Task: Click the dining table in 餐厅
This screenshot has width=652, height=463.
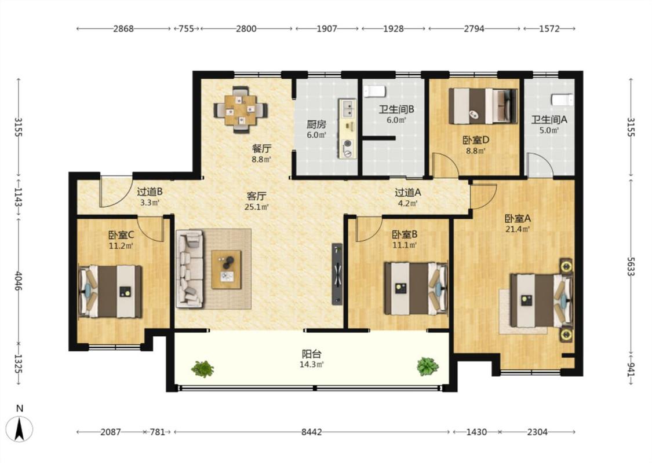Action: click(x=241, y=110)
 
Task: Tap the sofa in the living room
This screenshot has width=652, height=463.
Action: click(x=190, y=269)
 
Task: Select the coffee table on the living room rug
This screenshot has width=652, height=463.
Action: click(x=226, y=270)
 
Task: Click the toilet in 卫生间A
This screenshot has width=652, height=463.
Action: click(x=562, y=100)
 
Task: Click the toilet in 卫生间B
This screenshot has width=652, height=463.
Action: click(x=375, y=91)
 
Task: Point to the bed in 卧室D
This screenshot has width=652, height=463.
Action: click(x=483, y=106)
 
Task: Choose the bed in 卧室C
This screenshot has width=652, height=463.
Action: click(x=110, y=292)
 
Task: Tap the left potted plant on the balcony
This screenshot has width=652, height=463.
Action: click(x=202, y=368)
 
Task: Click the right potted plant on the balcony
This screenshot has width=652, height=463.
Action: click(x=428, y=366)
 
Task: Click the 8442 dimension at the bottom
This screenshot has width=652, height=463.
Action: click(x=311, y=432)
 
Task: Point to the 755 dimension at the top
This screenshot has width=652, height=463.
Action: click(x=186, y=29)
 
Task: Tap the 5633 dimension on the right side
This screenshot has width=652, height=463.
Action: click(x=631, y=266)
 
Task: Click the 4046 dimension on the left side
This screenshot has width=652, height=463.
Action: click(x=19, y=281)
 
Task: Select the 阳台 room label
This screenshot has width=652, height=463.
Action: click(x=311, y=354)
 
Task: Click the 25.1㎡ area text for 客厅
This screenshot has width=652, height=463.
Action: click(x=257, y=207)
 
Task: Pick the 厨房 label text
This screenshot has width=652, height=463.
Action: click(x=316, y=124)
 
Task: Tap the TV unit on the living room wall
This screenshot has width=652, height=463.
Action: click(x=337, y=274)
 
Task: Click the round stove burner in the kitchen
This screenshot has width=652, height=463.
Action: click(x=347, y=144)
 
